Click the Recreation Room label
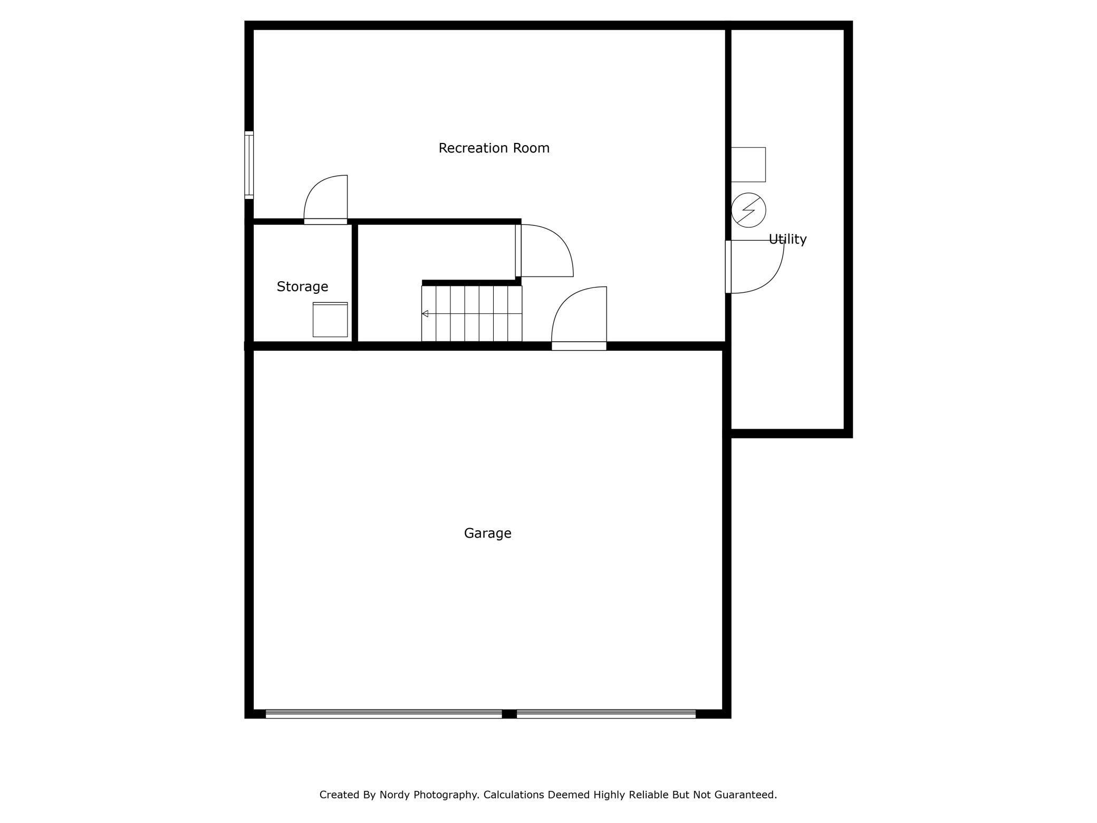(x=494, y=148)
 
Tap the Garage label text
(x=487, y=533)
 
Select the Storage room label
(x=302, y=286)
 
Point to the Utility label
(x=787, y=240)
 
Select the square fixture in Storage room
(x=330, y=320)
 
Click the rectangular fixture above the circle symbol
(x=748, y=165)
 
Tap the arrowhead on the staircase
(x=425, y=314)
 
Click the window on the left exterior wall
(x=249, y=165)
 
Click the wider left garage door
(x=383, y=714)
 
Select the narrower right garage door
(x=606, y=714)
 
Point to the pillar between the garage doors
(x=509, y=714)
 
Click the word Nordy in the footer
(x=395, y=795)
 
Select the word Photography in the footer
(x=446, y=795)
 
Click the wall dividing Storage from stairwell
(x=355, y=283)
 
